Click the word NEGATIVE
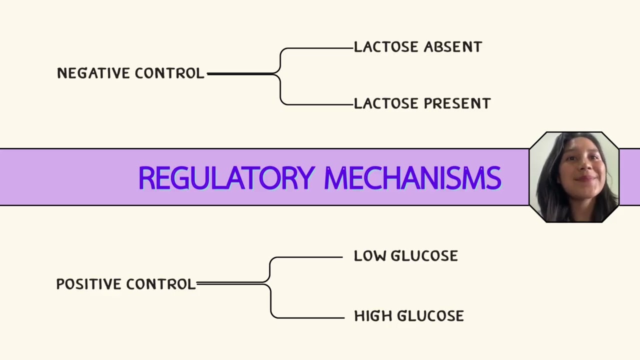tap(93, 73)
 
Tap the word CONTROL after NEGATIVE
tap(169, 73)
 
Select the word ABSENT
tap(453, 47)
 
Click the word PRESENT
tap(457, 103)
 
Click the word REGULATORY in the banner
tap(227, 178)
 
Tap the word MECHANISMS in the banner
tap(413, 178)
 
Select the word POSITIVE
tap(89, 284)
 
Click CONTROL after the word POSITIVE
tap(161, 284)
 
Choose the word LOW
tap(369, 255)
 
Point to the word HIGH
tap(373, 316)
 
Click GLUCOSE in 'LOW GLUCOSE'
tap(424, 255)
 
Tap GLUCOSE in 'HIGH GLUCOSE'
tap(430, 316)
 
